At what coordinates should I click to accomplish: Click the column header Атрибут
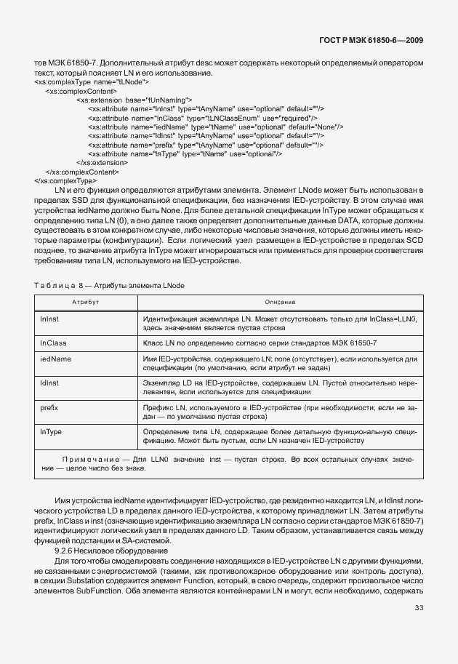[84, 301]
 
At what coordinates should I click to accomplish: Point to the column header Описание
[279, 301]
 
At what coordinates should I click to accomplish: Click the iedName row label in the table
[55, 359]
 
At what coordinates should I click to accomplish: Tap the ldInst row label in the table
[49, 382]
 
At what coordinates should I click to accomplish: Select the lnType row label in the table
[51, 432]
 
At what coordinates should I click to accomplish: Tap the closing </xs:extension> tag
[102, 162]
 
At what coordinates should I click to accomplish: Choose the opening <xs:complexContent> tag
[81, 91]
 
